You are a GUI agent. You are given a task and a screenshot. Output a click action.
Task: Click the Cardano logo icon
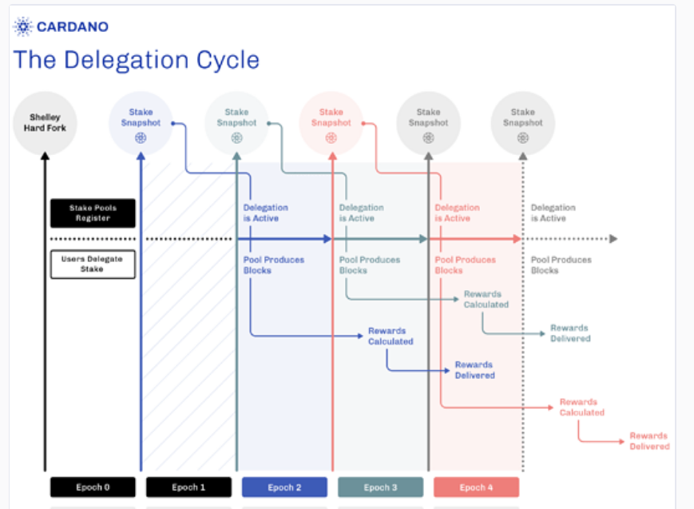[23, 26]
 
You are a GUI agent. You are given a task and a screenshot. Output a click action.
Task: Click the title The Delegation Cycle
[137, 60]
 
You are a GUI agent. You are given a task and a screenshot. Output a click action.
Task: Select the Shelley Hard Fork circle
[45, 123]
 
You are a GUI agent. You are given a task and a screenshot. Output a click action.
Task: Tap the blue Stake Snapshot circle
[141, 123]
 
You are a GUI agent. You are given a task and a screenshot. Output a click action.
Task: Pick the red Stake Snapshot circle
[331, 123]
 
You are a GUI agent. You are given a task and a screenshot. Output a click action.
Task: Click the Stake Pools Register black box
[93, 213]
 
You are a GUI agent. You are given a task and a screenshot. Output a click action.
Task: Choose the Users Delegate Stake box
[93, 264]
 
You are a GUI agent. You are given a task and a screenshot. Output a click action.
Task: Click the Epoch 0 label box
[93, 487]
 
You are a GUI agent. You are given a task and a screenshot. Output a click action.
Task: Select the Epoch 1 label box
[188, 487]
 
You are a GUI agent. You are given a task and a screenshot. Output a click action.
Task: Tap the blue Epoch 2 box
[284, 487]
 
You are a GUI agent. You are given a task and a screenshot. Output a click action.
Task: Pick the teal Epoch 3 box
[381, 487]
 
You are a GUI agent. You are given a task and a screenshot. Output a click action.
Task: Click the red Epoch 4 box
[476, 487]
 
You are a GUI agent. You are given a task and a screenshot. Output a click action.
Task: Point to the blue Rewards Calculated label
[391, 336]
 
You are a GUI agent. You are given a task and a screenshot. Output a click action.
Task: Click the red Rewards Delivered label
[649, 441]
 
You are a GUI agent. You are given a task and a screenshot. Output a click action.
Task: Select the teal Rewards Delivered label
[570, 333]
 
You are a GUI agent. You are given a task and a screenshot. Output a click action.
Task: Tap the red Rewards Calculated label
[581, 407]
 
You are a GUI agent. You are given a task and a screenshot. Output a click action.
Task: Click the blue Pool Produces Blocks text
[274, 265]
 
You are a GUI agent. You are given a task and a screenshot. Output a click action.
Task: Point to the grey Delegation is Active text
[553, 213]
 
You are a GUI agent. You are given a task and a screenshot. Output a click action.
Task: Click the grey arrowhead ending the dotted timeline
[613, 239]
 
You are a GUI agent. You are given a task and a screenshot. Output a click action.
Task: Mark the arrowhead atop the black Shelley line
[45, 156]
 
